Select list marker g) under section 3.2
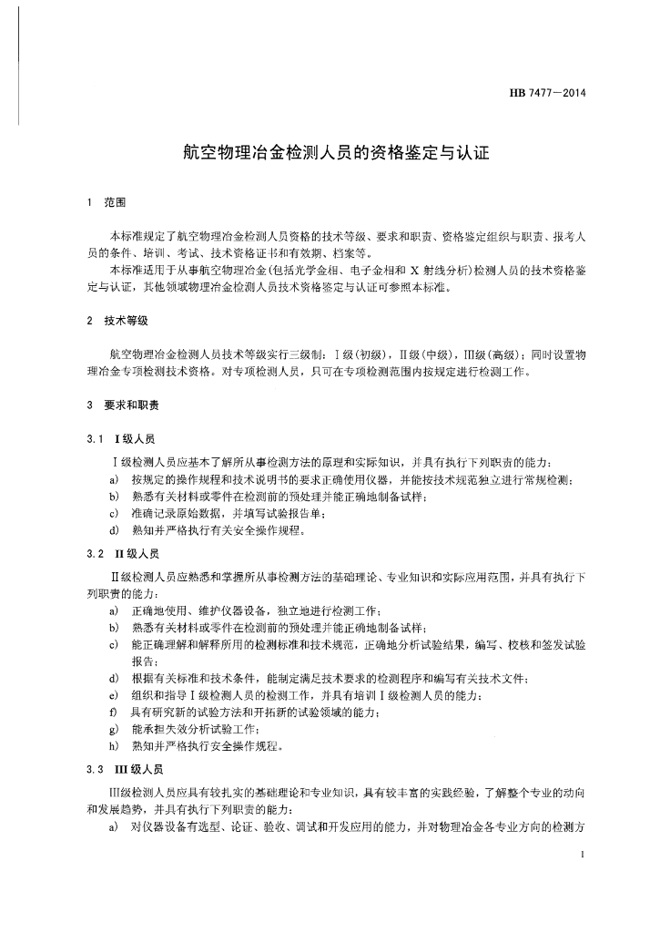(114, 730)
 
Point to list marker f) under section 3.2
(113, 713)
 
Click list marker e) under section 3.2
(114, 696)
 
